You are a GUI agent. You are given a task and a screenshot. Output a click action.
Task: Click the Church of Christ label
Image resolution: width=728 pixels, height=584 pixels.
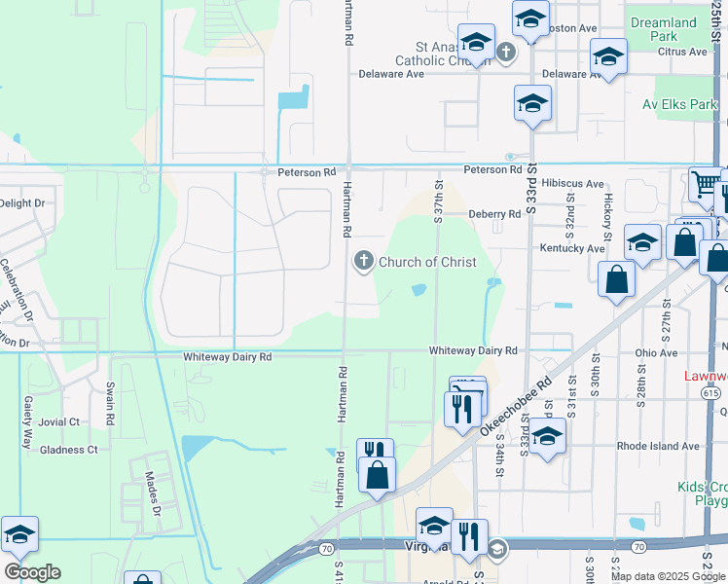(x=427, y=262)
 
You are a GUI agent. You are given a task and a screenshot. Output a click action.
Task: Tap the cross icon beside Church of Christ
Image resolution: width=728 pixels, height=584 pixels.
(x=364, y=261)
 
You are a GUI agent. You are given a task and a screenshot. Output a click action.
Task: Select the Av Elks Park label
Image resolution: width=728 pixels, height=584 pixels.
(x=678, y=104)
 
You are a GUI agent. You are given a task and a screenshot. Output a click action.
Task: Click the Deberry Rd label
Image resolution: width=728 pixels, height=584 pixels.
(x=494, y=214)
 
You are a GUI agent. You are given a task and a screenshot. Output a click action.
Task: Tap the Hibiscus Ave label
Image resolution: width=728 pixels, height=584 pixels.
(x=573, y=183)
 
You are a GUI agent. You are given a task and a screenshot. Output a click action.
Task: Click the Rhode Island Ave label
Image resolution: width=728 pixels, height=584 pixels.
(x=657, y=446)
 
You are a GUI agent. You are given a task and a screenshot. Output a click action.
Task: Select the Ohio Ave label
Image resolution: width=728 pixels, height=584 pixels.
(x=656, y=352)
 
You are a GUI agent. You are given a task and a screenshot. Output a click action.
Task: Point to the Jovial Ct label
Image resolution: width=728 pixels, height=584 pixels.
(x=60, y=422)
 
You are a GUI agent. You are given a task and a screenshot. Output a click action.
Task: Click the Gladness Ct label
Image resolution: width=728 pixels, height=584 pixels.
(x=69, y=450)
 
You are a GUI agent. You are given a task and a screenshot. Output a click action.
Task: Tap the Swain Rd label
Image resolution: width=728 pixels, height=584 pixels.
(x=110, y=407)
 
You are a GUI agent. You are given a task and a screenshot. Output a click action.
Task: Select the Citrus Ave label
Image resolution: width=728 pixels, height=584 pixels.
(x=682, y=52)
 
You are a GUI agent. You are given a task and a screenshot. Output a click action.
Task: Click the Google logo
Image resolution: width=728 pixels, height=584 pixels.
(x=32, y=571)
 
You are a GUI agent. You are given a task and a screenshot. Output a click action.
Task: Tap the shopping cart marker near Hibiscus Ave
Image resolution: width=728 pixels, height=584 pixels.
(x=705, y=182)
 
